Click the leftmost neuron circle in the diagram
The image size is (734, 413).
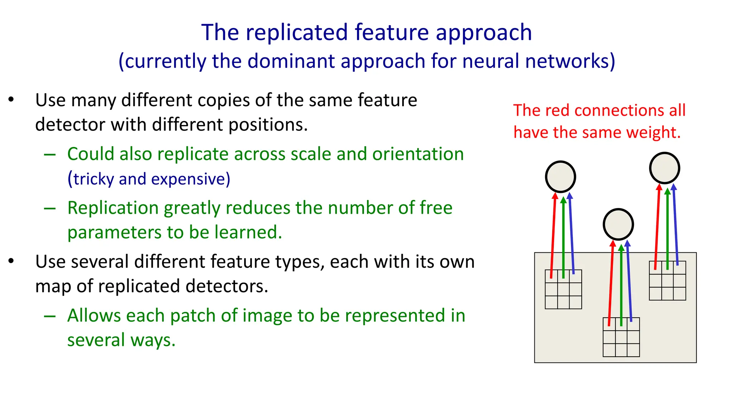561,177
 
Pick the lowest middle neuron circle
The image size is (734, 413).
618,224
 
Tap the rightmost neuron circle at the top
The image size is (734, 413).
664,168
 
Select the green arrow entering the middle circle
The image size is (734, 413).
621,283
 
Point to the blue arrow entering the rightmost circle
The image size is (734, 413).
675,226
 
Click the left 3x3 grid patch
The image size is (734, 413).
563,289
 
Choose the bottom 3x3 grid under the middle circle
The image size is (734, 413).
621,337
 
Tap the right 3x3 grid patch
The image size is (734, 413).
667,281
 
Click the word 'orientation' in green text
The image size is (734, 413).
418,154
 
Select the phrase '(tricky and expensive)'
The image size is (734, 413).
149,179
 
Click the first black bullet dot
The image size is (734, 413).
11,99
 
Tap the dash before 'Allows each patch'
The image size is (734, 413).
49,316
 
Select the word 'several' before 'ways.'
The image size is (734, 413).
96,340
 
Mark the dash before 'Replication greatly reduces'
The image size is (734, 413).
49,208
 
